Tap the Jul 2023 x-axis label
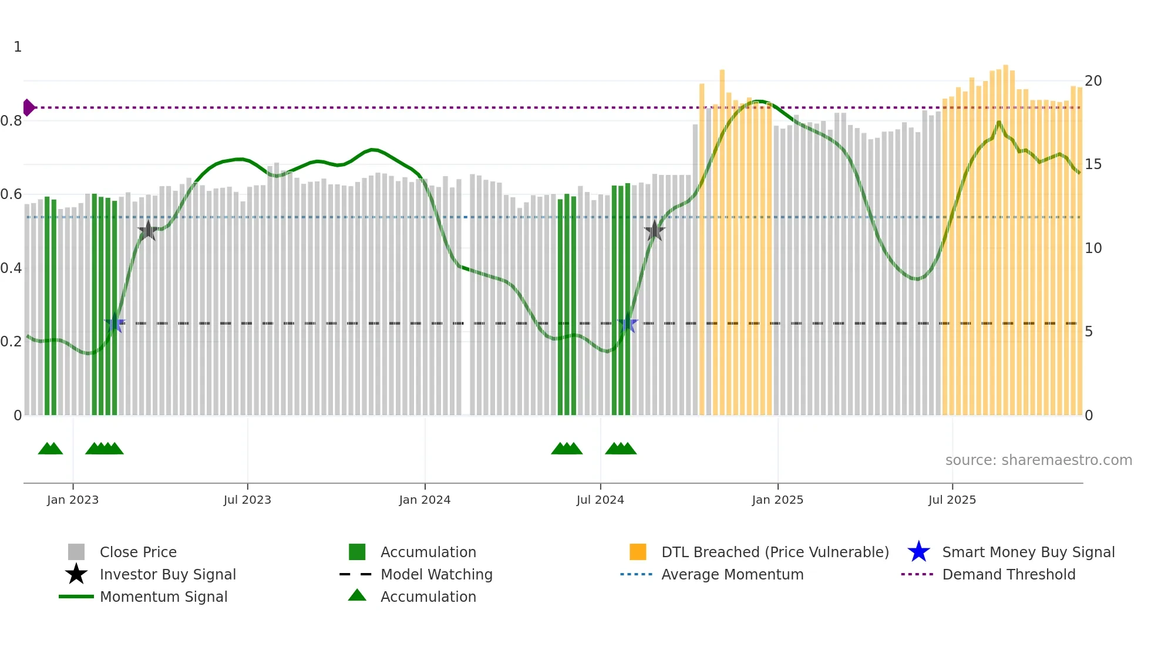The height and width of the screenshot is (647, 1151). pyautogui.click(x=247, y=500)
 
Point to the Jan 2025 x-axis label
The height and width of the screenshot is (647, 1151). pyautogui.click(x=778, y=500)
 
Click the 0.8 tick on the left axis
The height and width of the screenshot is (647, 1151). pyautogui.click(x=11, y=121)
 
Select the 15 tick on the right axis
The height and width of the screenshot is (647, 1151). pyautogui.click(x=1093, y=164)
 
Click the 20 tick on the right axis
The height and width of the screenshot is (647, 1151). pyautogui.click(x=1093, y=81)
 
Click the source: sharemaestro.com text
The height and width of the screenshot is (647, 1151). pyautogui.click(x=1038, y=460)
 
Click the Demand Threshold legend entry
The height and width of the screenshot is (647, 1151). pyautogui.click(x=1008, y=575)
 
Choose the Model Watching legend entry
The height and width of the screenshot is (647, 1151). pyautogui.click(x=436, y=575)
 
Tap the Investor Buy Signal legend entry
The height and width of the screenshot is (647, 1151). pyautogui.click(x=167, y=575)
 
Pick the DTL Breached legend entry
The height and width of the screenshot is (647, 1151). pyautogui.click(x=775, y=552)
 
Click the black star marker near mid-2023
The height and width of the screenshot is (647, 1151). pyautogui.click(x=147, y=231)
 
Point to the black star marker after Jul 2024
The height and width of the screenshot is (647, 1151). pyautogui.click(x=654, y=231)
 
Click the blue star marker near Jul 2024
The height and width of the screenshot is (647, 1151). pyautogui.click(x=628, y=323)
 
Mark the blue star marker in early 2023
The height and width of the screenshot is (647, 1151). pyautogui.click(x=115, y=323)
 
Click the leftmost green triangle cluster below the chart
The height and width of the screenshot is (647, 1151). pyautogui.click(x=51, y=449)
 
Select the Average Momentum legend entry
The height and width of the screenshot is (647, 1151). pyautogui.click(x=732, y=575)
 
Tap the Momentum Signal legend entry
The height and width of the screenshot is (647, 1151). pyautogui.click(x=163, y=597)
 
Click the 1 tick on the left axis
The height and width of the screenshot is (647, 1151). pyautogui.click(x=18, y=47)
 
